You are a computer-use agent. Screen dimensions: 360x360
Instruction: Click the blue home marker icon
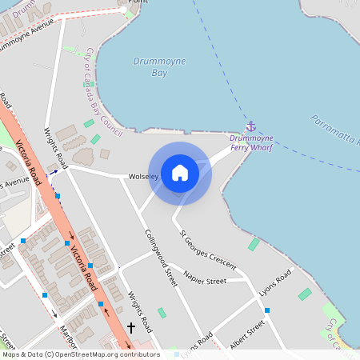pyautogui.click(x=180, y=172)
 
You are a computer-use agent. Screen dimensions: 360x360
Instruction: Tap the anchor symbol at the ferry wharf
pyautogui.click(x=250, y=126)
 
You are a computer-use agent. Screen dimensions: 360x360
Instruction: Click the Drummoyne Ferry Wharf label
pyautogui.click(x=251, y=143)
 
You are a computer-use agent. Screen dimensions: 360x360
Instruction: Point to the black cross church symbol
pyautogui.click(x=131, y=328)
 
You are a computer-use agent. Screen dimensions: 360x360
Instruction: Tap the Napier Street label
pyautogui.click(x=205, y=281)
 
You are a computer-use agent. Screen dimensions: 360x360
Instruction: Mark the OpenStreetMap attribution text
pyautogui.click(x=81, y=354)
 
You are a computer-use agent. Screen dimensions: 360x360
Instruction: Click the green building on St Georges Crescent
pyautogui.click(x=254, y=244)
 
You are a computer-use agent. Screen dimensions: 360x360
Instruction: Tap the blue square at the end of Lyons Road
pyautogui.click(x=267, y=310)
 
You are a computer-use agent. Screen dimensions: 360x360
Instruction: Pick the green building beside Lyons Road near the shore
pyautogui.click(x=304, y=294)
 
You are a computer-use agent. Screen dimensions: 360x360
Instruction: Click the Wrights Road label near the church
pyautogui.click(x=140, y=312)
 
